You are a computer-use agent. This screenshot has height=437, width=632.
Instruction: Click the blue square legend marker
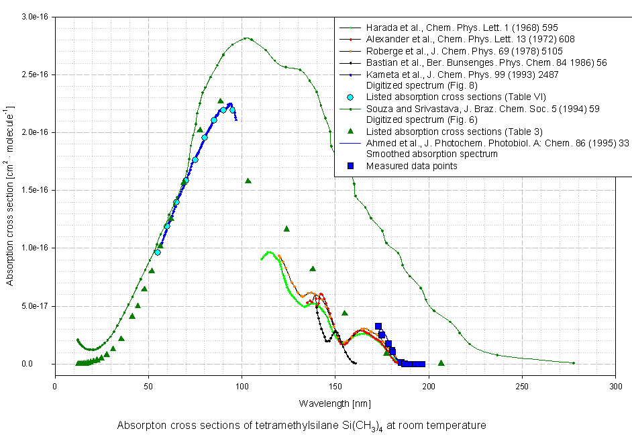tap(350, 166)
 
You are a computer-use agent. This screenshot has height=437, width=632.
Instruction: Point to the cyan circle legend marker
tap(350, 97)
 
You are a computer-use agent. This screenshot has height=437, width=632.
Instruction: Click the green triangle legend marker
tap(350, 131)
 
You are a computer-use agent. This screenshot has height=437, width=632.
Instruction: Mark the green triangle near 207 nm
tap(441, 363)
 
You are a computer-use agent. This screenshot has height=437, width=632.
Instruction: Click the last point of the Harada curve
tap(574, 363)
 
